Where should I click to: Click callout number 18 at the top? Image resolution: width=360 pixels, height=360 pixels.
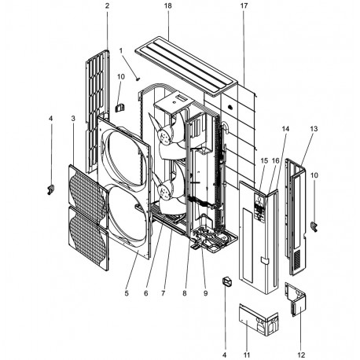(168, 6)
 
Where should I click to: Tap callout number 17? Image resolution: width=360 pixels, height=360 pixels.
(244, 6)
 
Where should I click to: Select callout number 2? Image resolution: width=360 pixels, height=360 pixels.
(107, 6)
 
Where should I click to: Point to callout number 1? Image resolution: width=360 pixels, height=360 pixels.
(121, 50)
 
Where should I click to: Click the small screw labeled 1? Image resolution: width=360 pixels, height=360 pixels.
(138, 79)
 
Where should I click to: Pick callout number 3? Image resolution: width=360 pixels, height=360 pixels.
(73, 119)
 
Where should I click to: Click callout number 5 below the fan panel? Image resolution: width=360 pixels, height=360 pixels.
(127, 293)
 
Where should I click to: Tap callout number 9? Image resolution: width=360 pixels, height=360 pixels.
(205, 293)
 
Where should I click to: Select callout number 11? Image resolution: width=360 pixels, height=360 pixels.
(247, 355)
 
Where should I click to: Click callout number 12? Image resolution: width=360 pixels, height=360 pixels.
(302, 355)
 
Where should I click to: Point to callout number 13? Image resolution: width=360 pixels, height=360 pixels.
(314, 129)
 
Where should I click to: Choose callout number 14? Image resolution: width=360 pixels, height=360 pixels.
(285, 129)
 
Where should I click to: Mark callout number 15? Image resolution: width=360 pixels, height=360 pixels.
(264, 160)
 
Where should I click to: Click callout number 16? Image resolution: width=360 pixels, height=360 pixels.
(276, 160)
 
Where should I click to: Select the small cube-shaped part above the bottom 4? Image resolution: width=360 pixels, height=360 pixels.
(227, 282)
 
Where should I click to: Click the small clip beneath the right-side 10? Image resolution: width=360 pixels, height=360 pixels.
(314, 226)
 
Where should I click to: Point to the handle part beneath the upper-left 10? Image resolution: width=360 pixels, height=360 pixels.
(120, 108)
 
